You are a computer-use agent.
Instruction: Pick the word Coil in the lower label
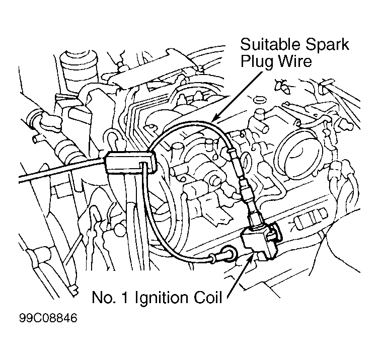point(208,298)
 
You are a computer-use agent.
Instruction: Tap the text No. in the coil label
point(103,298)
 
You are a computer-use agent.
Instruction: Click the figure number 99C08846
point(48,318)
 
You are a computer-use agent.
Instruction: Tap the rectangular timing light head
point(130,163)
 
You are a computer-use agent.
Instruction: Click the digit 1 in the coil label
point(125,298)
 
